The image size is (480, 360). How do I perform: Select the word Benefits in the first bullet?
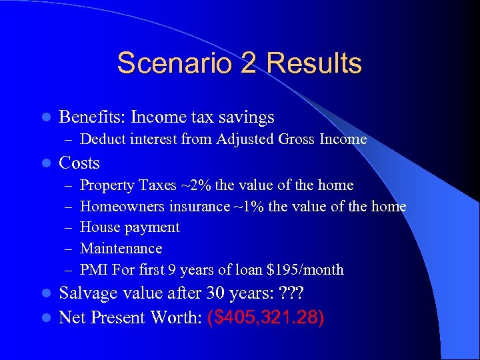[x=89, y=117]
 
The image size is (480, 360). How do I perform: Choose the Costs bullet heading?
[x=79, y=163]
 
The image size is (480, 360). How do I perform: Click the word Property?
[x=107, y=185]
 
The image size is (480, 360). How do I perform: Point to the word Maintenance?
[x=121, y=249]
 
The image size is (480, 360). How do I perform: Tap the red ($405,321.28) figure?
[x=266, y=317]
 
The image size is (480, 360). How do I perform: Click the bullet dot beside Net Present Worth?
[x=47, y=317]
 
